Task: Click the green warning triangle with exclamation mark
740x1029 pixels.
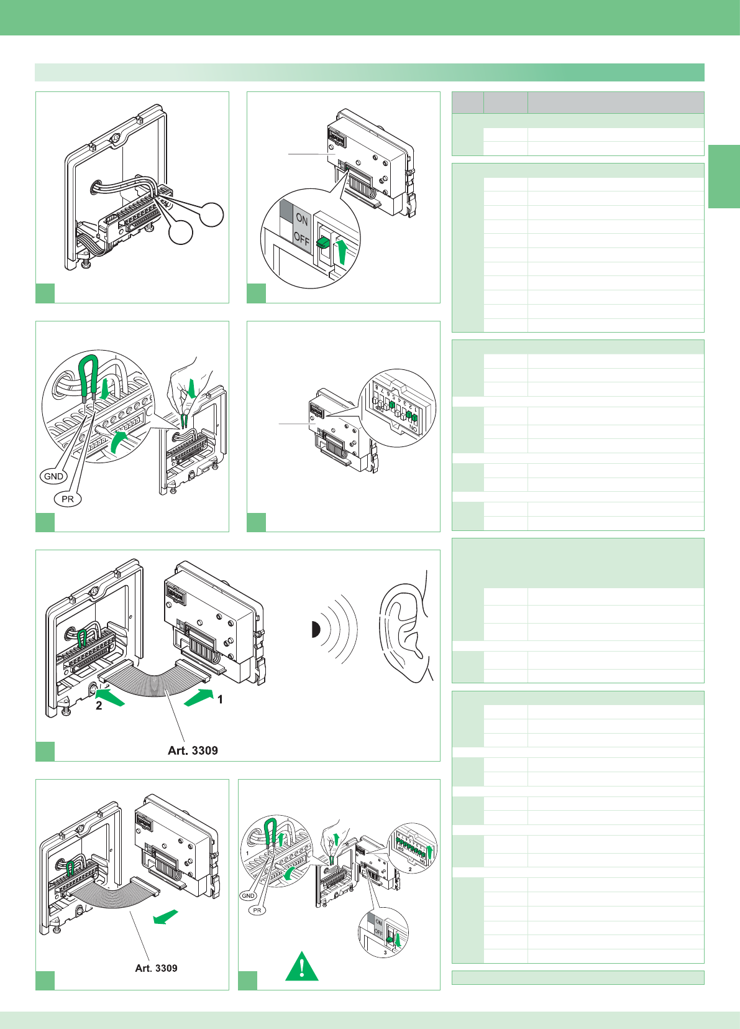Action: [302, 967]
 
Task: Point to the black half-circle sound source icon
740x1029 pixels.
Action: [315, 630]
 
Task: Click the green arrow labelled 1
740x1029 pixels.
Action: [198, 697]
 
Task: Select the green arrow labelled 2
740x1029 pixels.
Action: [111, 697]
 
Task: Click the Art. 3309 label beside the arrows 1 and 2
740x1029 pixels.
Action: [193, 750]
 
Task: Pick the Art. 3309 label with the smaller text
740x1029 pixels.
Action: [156, 968]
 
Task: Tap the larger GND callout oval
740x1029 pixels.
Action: [53, 476]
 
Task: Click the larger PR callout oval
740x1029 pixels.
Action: [68, 499]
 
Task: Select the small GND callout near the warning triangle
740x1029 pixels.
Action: [248, 896]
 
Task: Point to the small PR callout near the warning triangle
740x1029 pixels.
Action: [257, 910]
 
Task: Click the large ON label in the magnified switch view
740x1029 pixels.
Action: [302, 219]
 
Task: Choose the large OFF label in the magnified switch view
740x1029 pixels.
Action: [301, 238]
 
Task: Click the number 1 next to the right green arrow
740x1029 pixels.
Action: [220, 699]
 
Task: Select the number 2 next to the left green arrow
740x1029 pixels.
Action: [99, 706]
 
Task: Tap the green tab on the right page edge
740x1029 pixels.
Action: [724, 176]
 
